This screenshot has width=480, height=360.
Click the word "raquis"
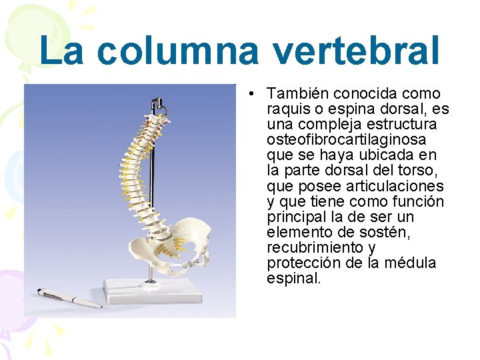(287, 109)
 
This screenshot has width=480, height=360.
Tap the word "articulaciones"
(401, 186)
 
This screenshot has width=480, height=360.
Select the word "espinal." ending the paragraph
(294, 278)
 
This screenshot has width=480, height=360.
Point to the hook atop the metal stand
(158, 103)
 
